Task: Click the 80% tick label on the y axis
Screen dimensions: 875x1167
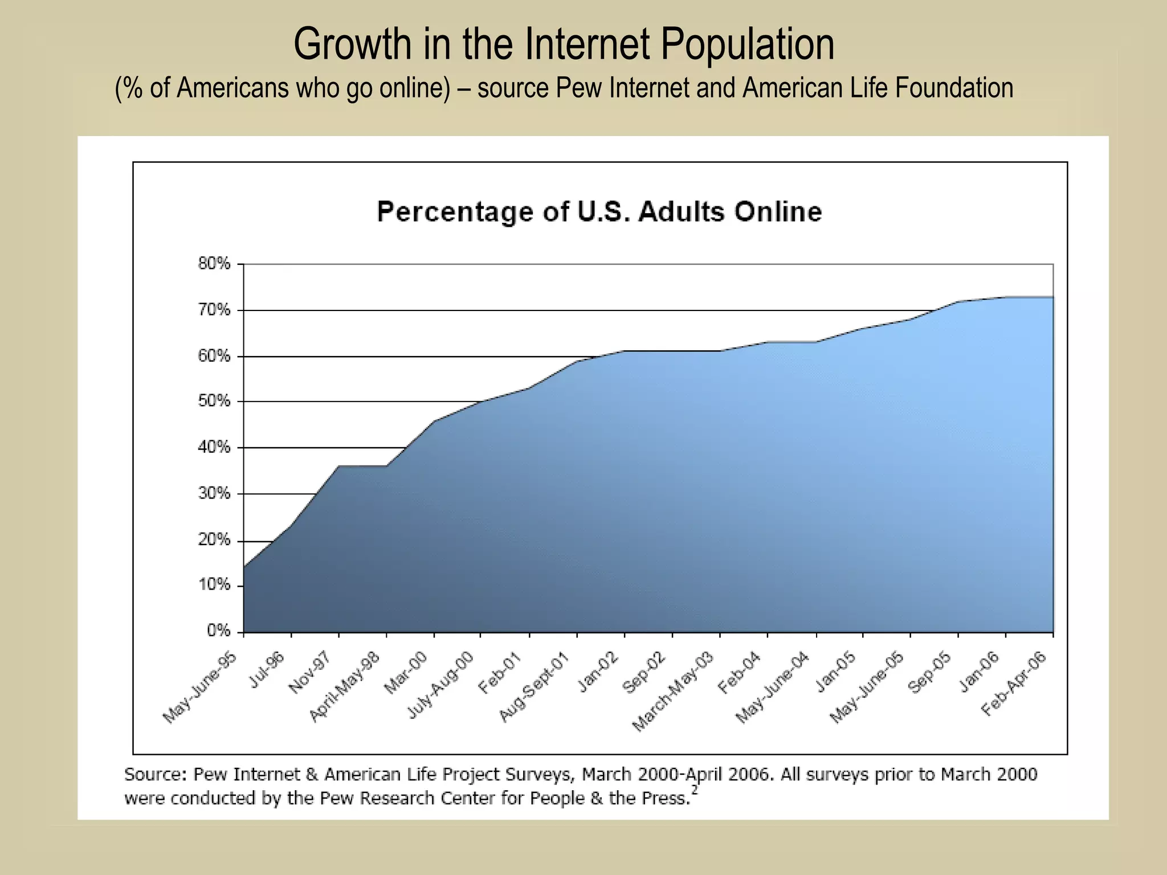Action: [x=214, y=264]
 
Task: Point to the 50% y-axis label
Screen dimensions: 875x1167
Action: [x=214, y=401]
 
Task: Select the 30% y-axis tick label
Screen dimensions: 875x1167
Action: [x=214, y=493]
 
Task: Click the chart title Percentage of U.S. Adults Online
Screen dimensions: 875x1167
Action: [x=599, y=212]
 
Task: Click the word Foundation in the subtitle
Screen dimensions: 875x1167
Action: [x=954, y=88]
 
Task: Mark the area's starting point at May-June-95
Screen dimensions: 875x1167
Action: [x=244, y=567]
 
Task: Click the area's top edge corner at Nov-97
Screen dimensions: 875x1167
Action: [x=339, y=466]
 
